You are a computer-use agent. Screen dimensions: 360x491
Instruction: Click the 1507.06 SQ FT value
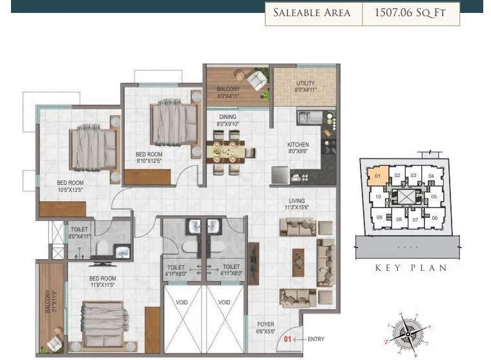[410, 13]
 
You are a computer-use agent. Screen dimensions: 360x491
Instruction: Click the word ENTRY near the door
[317, 339]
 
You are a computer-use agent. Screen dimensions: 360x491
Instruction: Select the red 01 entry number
[288, 339]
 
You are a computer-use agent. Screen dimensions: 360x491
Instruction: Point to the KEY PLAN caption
[411, 268]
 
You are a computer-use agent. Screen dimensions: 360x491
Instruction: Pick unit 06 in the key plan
[434, 218]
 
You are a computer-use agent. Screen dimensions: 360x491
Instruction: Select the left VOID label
[183, 302]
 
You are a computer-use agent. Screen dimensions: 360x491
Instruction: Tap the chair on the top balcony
[256, 80]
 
